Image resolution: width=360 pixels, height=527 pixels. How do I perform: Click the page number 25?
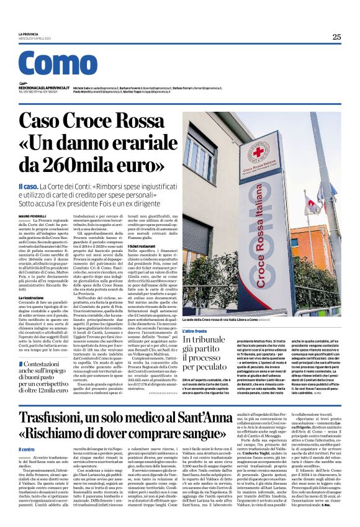coord(336,37)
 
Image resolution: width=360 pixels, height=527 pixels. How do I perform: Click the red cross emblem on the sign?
coord(257,152)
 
